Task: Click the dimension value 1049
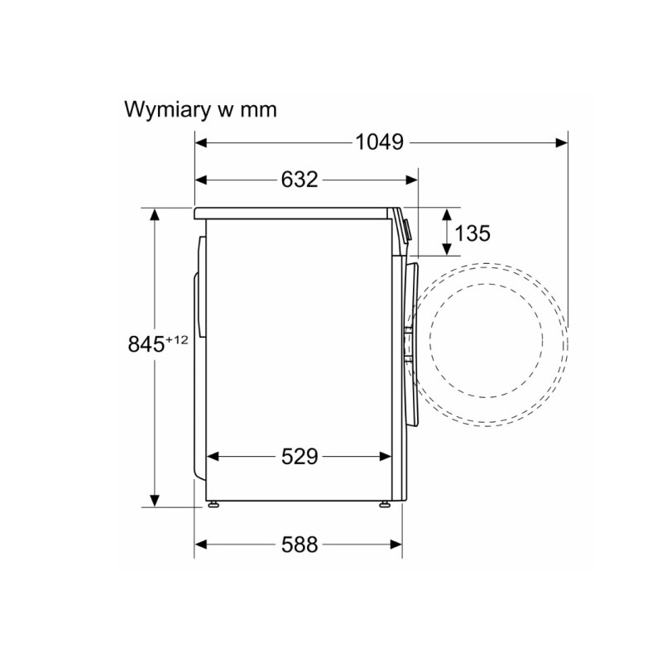point(380,142)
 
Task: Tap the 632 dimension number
point(300,180)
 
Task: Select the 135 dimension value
point(473,233)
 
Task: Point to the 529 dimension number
point(300,457)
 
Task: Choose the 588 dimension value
point(300,544)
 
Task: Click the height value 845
point(146,344)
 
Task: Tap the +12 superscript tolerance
point(177,339)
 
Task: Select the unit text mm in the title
point(258,111)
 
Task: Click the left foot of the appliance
point(213,504)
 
